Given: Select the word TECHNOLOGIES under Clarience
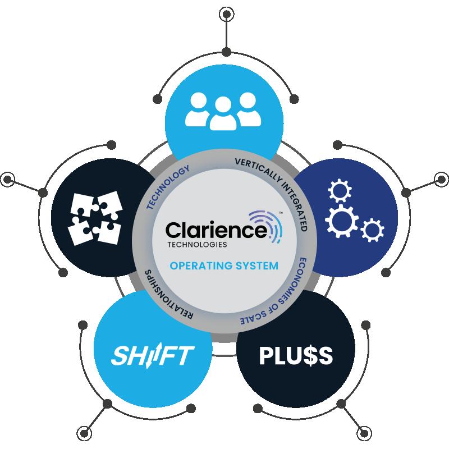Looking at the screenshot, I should point(196,245).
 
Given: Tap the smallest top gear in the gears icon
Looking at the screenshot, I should point(336,193).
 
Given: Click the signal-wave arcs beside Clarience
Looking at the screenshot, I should point(273,224).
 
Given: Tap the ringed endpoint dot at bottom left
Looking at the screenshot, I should point(85,433).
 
